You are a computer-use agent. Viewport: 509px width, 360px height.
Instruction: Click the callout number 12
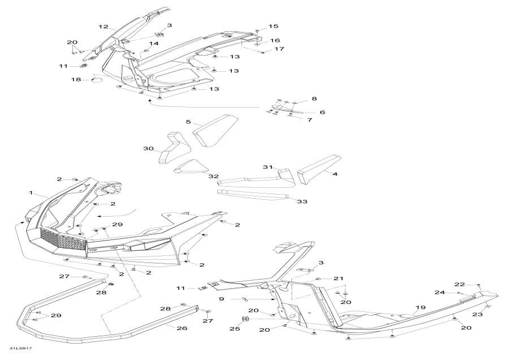pyautogui.click(x=103, y=27)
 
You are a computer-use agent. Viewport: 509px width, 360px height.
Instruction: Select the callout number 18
pyautogui.click(x=76, y=80)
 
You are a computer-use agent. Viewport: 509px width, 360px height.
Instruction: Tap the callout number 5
pyautogui.click(x=189, y=122)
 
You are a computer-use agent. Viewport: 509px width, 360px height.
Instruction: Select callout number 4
pyautogui.click(x=335, y=174)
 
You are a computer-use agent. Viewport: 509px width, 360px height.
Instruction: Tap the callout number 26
pyautogui.click(x=182, y=328)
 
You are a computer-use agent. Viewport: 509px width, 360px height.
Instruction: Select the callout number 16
pyautogui.click(x=274, y=41)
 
